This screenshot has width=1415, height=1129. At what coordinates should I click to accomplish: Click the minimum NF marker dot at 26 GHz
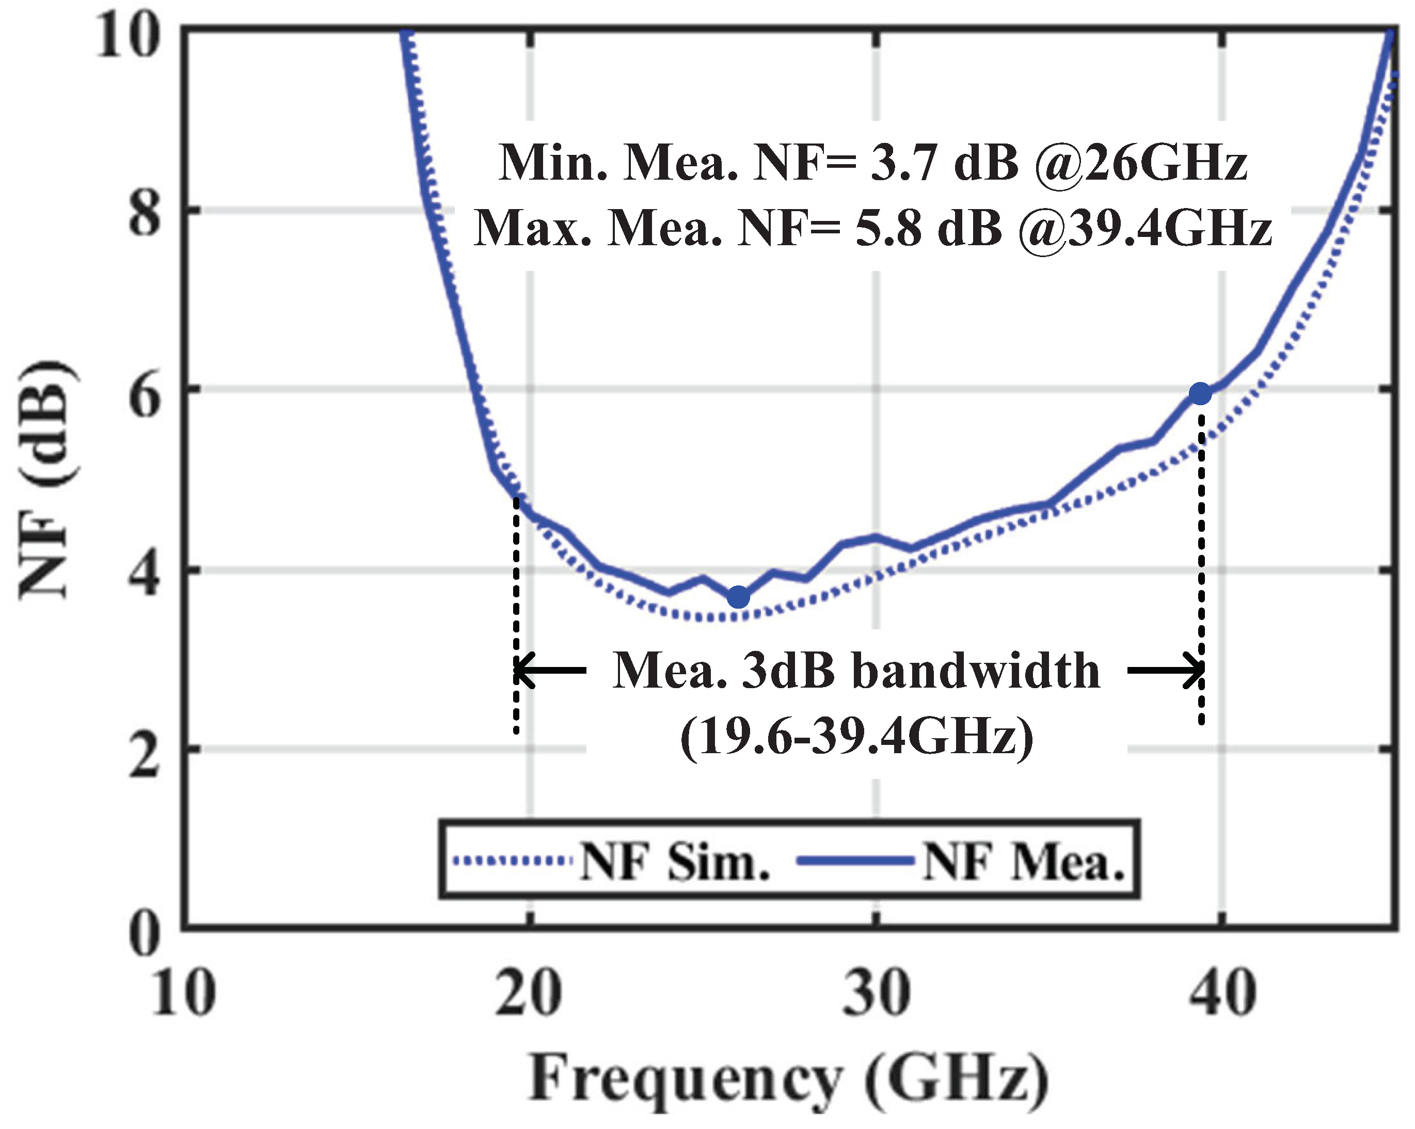coord(738,597)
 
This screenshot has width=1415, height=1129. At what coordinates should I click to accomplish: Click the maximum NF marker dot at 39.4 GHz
coord(1200,394)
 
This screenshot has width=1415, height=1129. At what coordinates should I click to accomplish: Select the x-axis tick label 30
coord(876,993)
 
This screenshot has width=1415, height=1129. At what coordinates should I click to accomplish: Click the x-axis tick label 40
coord(1222,993)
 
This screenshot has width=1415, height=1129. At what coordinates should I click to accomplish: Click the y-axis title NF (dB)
coord(47,479)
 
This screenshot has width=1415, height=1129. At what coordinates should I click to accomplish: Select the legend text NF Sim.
coord(675,861)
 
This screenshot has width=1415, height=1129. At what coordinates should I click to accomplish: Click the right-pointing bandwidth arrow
coord(1166,670)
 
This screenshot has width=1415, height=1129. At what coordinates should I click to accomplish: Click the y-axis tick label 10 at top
coord(128,36)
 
